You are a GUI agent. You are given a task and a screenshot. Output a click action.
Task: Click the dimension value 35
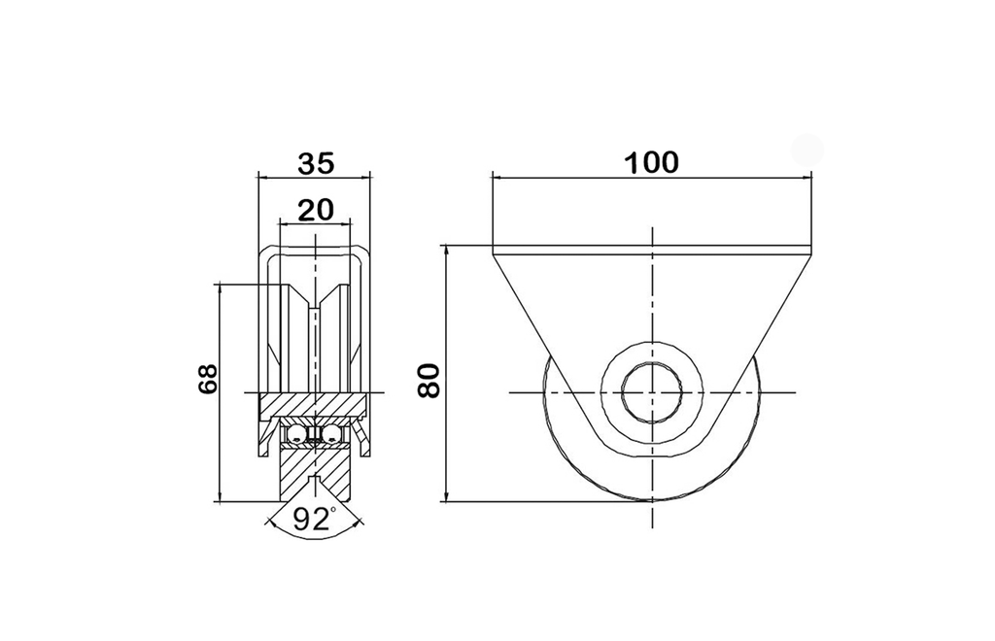(x=316, y=163)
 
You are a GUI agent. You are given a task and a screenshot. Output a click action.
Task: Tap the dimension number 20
(x=316, y=209)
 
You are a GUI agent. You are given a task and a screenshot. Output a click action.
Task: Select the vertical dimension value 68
(x=208, y=380)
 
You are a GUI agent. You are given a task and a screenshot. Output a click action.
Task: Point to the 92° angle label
(x=315, y=520)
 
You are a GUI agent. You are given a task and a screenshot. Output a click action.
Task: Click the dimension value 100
(x=652, y=163)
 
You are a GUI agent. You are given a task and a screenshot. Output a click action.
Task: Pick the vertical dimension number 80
(x=429, y=381)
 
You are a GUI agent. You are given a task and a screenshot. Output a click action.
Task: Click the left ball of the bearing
(x=297, y=434)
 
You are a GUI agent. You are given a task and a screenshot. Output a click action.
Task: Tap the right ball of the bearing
(x=332, y=434)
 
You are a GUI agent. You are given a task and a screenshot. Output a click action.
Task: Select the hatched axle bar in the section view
(x=314, y=406)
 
